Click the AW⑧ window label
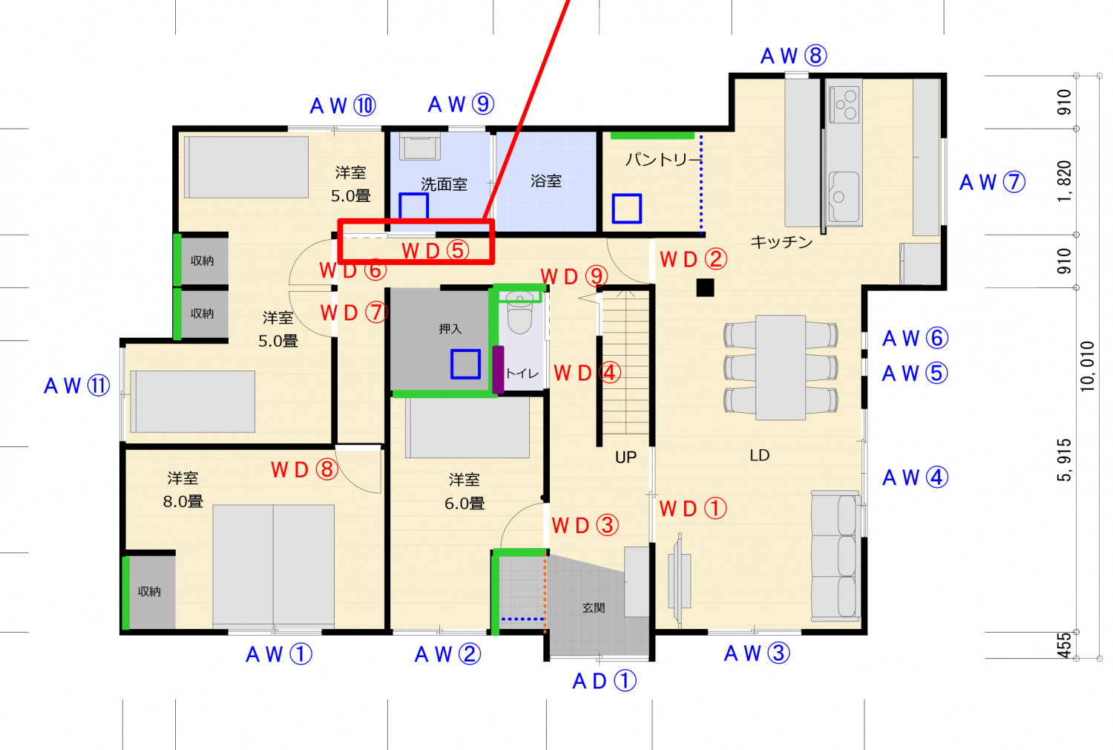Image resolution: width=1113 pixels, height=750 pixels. click(793, 56)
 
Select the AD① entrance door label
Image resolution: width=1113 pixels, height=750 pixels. click(604, 681)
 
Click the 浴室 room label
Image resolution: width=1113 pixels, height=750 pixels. click(546, 180)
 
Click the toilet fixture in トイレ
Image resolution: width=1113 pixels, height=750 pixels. click(519, 315)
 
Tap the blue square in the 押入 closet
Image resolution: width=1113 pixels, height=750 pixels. click(465, 364)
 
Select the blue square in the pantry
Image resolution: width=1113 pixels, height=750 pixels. click(626, 209)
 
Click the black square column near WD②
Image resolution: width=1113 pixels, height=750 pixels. click(705, 287)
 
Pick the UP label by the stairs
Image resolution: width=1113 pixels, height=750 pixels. click(626, 457)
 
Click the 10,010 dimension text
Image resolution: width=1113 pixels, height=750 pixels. click(1087, 365)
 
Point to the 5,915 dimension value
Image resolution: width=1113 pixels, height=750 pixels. click(1064, 460)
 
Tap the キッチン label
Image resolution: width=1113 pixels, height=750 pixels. click(781, 241)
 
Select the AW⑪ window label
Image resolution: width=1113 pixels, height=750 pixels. click(77, 385)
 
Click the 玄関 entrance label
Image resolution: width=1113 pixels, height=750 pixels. click(594, 607)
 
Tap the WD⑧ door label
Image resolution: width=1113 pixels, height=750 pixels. click(304, 469)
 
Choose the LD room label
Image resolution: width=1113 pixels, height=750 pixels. click(759, 455)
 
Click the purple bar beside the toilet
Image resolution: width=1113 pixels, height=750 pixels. click(498, 369)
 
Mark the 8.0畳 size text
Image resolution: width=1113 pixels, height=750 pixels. click(183, 501)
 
